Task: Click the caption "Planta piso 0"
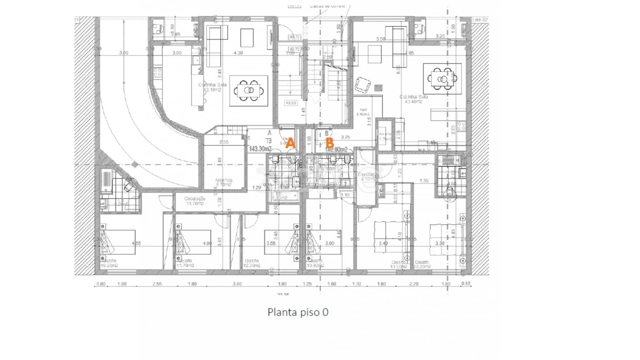coord(298,312)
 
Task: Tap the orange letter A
coord(290,143)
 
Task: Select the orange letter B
coord(329,143)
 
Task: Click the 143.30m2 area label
coord(260,149)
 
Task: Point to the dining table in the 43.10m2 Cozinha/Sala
coord(248,90)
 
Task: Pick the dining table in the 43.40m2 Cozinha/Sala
coord(442,78)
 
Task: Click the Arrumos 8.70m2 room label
coord(223,182)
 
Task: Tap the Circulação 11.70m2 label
coord(195,201)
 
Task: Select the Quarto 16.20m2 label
coord(110,263)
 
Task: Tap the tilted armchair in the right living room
coord(363,85)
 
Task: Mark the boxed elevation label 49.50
coord(290,103)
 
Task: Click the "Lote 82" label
coord(480,20)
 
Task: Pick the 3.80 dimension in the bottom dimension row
coord(237,284)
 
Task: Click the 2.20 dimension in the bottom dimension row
coord(414,284)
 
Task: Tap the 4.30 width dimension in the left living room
coord(238,52)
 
